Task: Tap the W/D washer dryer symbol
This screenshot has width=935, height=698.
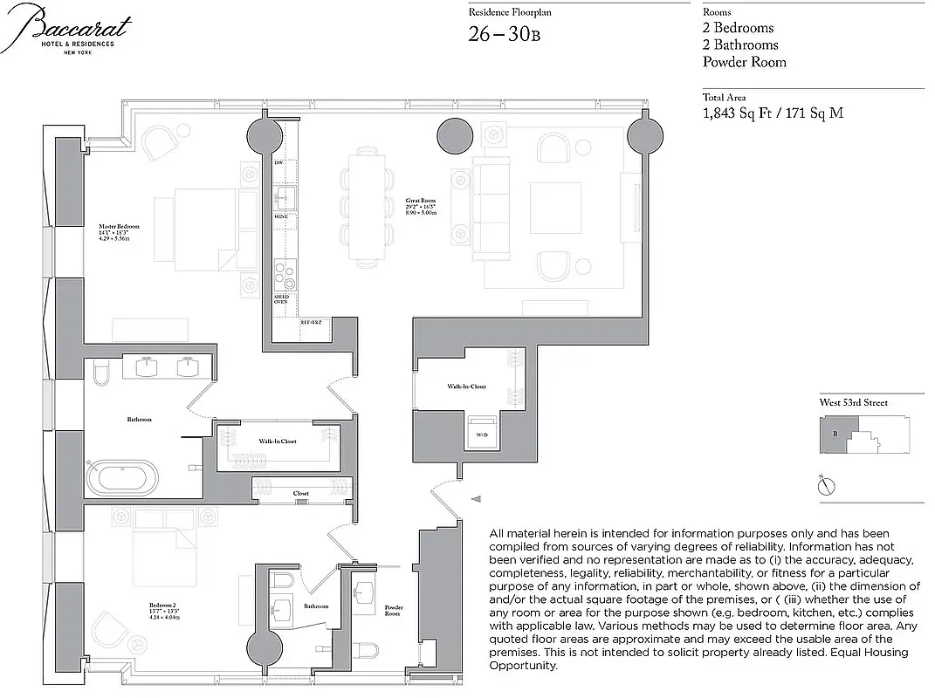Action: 481,435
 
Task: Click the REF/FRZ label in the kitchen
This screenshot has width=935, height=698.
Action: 312,323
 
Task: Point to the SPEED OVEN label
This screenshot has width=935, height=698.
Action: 281,301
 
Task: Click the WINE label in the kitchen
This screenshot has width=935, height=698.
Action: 280,215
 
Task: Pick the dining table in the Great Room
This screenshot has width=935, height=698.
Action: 366,206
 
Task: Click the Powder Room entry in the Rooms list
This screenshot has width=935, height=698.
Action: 744,62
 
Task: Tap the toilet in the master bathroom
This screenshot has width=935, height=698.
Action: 99,375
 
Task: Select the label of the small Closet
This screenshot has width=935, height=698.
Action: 300,494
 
